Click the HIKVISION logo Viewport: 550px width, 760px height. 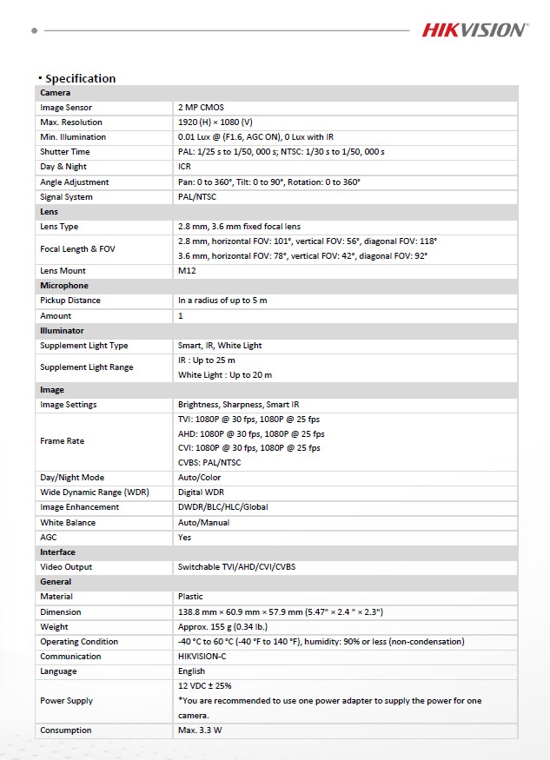coord(474,30)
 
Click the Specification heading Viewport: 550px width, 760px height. coord(80,78)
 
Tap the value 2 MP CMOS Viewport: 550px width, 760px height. coord(201,108)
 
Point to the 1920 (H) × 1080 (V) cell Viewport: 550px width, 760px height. coord(215,122)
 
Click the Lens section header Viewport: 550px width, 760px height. coord(49,212)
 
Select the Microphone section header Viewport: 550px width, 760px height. coord(63,286)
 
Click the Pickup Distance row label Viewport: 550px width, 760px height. coord(70,301)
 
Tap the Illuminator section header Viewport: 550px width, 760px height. coord(62,330)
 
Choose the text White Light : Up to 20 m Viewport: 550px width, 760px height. coord(225,375)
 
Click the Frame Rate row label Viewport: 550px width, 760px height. coord(63,441)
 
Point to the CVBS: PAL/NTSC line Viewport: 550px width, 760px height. coord(209,463)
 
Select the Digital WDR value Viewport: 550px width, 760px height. coord(201,492)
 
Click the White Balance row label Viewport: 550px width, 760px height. coord(68,523)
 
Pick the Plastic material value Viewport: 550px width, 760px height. coord(190,597)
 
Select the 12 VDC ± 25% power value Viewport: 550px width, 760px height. coord(205,686)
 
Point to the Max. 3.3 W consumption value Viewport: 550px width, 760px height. coord(200,730)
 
